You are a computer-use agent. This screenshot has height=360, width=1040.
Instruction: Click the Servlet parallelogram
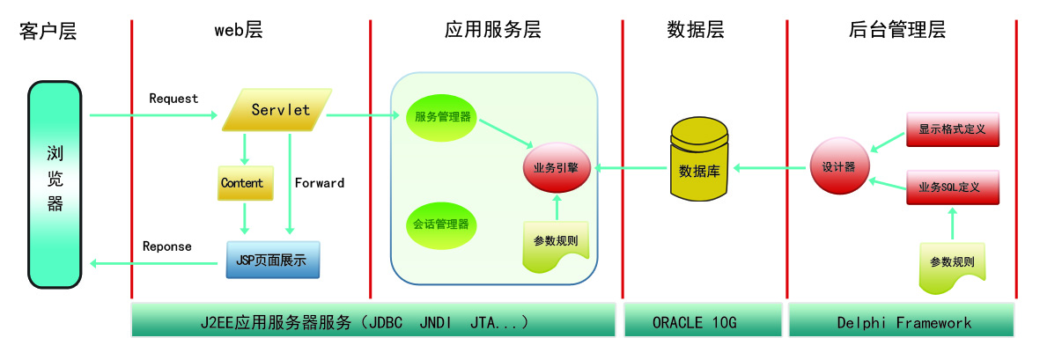277,110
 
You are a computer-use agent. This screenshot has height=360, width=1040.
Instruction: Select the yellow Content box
241,182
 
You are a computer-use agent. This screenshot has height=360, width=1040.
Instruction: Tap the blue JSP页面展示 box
273,261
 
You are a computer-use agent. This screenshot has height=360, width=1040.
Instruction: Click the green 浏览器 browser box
55,184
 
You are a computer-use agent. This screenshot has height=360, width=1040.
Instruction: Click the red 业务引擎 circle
556,167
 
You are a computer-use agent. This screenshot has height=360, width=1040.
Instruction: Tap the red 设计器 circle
838,167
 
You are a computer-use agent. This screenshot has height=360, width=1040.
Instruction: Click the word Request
173,99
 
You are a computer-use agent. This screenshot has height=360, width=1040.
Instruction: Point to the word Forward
320,183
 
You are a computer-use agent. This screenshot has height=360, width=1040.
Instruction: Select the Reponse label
167,246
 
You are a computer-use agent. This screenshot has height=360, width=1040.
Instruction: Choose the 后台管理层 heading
897,30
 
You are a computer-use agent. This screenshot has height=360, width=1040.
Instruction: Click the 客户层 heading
48,31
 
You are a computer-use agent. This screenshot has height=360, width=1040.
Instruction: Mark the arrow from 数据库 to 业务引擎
629,168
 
